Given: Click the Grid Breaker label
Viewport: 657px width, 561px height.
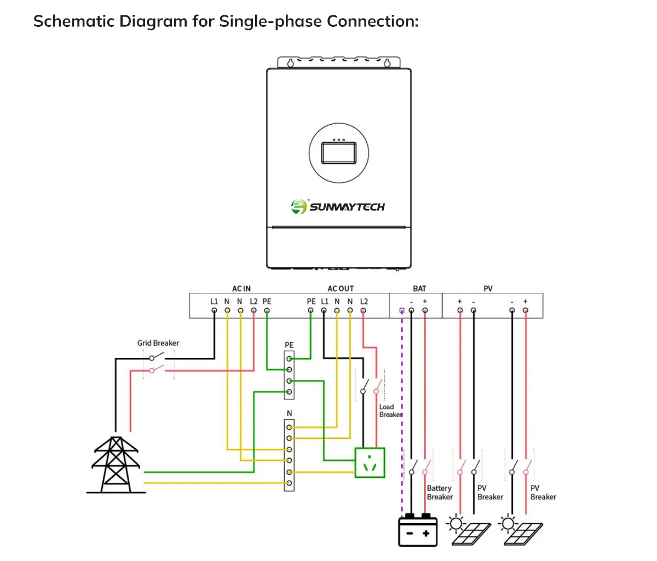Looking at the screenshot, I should point(158,343).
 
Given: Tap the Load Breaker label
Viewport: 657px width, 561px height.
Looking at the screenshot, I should point(390,410).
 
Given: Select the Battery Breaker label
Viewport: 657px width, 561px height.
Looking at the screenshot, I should point(440,493).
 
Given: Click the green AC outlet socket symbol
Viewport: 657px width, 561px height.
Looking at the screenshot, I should point(370,462).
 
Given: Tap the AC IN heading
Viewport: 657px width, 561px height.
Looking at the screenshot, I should point(241,288).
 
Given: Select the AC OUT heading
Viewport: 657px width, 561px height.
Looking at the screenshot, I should point(341,288).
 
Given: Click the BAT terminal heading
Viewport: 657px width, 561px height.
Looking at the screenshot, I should point(419,288).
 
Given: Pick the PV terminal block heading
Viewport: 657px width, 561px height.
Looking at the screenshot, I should point(488,288).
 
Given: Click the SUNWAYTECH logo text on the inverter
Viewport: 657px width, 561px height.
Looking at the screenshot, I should point(347,207).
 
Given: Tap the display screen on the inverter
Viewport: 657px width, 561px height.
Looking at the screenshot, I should point(339,152).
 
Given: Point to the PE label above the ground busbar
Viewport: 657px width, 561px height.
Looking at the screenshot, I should point(289,345).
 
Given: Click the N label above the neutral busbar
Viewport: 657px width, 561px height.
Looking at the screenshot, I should point(289,413).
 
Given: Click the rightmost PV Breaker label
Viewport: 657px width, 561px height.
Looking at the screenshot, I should point(543,493).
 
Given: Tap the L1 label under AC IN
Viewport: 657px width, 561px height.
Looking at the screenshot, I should point(214,302).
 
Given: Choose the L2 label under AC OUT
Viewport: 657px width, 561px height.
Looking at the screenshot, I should point(364,302).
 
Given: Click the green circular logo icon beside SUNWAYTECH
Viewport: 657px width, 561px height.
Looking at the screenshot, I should point(299,206).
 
